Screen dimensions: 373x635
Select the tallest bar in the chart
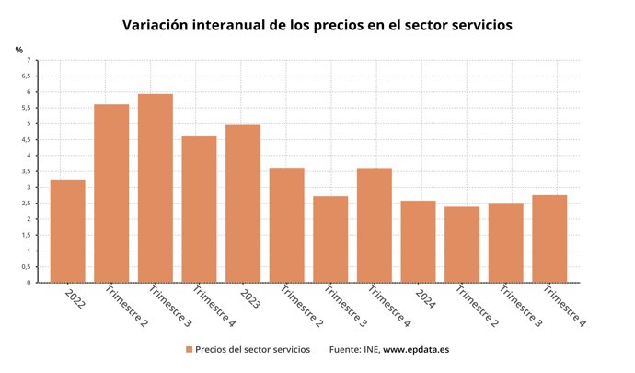coord(155,188)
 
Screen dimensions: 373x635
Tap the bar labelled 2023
coord(243,204)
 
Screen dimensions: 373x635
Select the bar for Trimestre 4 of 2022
coord(199,209)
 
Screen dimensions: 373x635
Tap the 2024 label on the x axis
coord(425,298)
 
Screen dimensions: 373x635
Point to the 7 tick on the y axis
coord(28,61)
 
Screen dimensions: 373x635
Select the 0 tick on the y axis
coord(28,283)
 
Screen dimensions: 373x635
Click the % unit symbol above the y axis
coord(18,49)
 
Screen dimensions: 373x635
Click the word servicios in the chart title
coord(474,25)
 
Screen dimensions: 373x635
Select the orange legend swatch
coord(189,350)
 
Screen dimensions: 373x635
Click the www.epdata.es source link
coord(416,350)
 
